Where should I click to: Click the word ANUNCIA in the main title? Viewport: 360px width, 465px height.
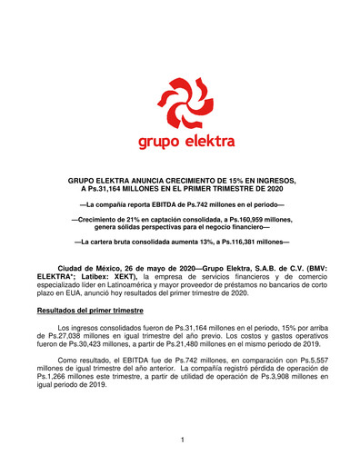pos(169,181)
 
